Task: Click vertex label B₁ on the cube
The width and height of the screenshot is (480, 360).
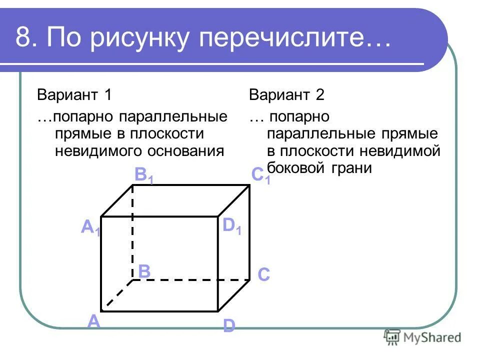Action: click(x=144, y=176)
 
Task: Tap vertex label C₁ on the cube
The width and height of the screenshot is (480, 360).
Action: click(x=260, y=175)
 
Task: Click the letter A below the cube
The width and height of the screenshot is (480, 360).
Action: click(x=93, y=321)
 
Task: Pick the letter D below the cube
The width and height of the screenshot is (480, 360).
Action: click(x=228, y=326)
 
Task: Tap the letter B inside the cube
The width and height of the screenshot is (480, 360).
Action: click(x=144, y=271)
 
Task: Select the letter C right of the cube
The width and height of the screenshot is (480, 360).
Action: click(x=264, y=274)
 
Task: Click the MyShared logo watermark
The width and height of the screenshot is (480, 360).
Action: click(x=422, y=337)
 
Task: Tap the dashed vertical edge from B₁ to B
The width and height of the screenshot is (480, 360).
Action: click(x=132, y=230)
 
